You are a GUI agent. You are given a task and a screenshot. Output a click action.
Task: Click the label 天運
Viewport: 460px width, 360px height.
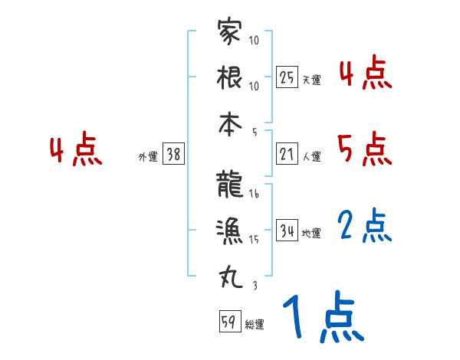(x=311, y=80)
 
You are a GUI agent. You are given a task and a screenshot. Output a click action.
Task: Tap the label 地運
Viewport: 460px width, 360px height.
(x=311, y=233)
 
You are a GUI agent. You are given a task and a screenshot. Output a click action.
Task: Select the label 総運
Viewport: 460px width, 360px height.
(x=255, y=325)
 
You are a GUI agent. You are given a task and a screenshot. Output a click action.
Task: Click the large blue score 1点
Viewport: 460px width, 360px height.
(x=323, y=319)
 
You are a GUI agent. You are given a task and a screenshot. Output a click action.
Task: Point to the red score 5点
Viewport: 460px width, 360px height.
(x=365, y=149)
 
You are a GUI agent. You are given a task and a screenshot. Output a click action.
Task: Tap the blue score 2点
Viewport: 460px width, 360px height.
(x=365, y=226)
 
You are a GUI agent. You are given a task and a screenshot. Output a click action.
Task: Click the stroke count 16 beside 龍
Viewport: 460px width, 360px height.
(x=254, y=195)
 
